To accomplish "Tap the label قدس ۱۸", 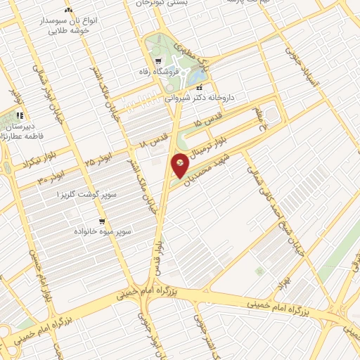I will point(153,138).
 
